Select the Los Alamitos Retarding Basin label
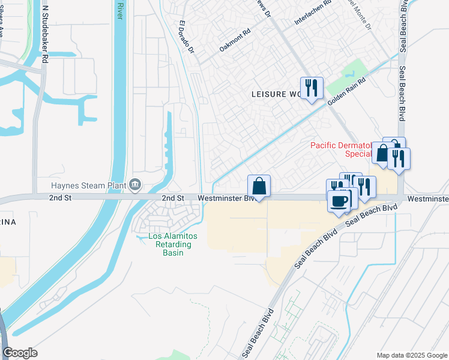click(x=170, y=244)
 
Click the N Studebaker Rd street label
click(x=44, y=29)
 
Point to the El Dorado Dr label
click(x=187, y=38)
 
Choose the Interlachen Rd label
click(x=313, y=13)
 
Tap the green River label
click(x=119, y=11)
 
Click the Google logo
click(x=20, y=353)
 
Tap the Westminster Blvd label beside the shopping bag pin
click(x=223, y=197)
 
